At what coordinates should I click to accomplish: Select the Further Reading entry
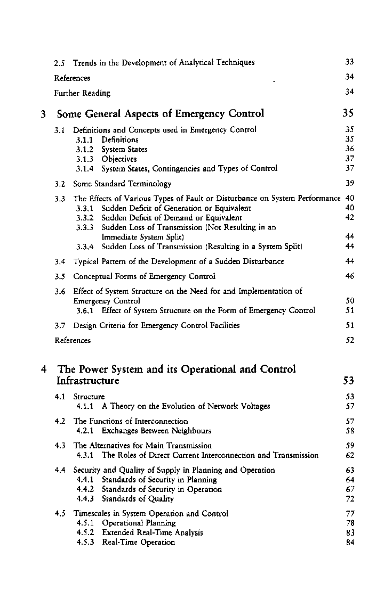coord(82,93)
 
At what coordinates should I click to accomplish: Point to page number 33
coord(350,62)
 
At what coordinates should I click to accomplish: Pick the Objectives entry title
coord(119,159)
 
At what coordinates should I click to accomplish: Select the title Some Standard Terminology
coord(122,184)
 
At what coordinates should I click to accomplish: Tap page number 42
coord(350,218)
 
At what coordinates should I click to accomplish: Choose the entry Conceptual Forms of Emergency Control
coord(144,276)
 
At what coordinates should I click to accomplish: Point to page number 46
coord(350,276)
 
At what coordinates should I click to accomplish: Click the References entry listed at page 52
coord(73,340)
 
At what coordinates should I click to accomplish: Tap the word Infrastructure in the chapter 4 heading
coord(88,381)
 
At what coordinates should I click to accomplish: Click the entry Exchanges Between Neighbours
coord(156,431)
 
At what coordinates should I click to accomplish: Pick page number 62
coord(350,455)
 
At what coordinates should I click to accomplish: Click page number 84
coord(350,543)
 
